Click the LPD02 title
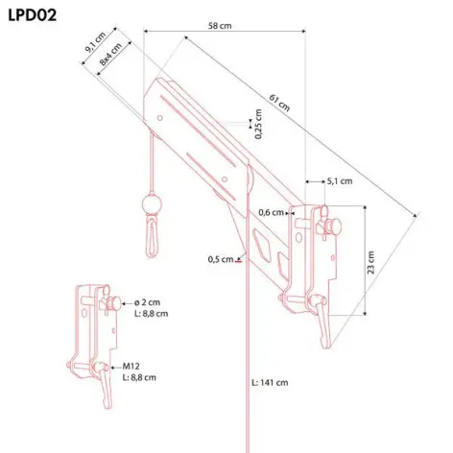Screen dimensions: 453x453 (33, 15)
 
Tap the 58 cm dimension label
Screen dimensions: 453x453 (220, 26)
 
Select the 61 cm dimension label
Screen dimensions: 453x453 (279, 103)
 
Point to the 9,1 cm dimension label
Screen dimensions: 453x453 (95, 42)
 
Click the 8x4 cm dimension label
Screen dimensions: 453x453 (110, 54)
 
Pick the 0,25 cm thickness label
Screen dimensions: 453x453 (258, 124)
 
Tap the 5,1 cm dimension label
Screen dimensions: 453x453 (340, 181)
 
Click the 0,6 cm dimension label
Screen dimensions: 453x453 (271, 212)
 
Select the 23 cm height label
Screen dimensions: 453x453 (370, 262)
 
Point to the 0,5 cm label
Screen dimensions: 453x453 (221, 259)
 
